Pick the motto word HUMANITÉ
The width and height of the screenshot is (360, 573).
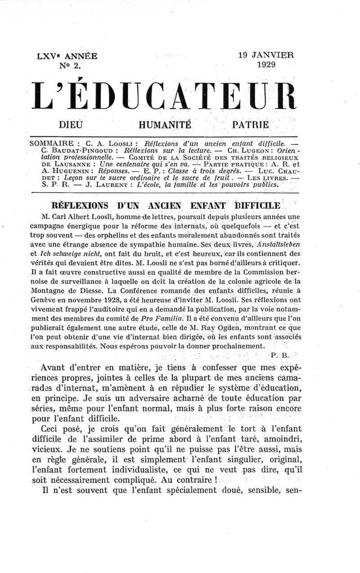[x=165, y=123]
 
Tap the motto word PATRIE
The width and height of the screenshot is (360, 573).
[x=250, y=123]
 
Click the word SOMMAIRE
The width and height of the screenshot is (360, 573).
[x=50, y=143]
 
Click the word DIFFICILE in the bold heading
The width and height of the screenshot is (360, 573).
[x=258, y=206]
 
